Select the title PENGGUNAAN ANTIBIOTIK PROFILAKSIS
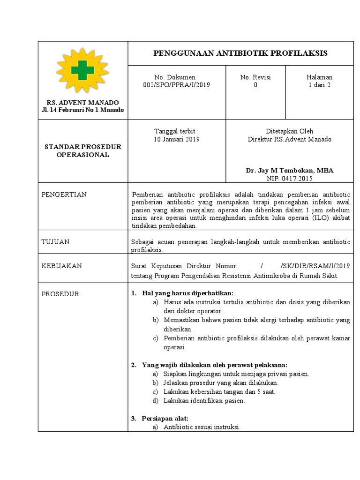coord(240,53)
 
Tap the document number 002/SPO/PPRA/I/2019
coord(176,85)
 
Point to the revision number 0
coord(255,85)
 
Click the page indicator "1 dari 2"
coord(319,85)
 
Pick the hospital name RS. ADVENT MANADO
coord(82,102)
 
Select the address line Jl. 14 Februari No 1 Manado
coord(82,110)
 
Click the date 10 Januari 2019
coord(176,139)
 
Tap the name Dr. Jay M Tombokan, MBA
coord(289,171)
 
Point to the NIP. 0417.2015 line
coord(289,179)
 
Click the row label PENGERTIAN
coord(64,195)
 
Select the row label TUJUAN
coord(56,242)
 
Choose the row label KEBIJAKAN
coord(62,266)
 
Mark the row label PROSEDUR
coord(60,294)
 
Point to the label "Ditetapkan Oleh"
coord(289,131)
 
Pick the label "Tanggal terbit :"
coord(176,131)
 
